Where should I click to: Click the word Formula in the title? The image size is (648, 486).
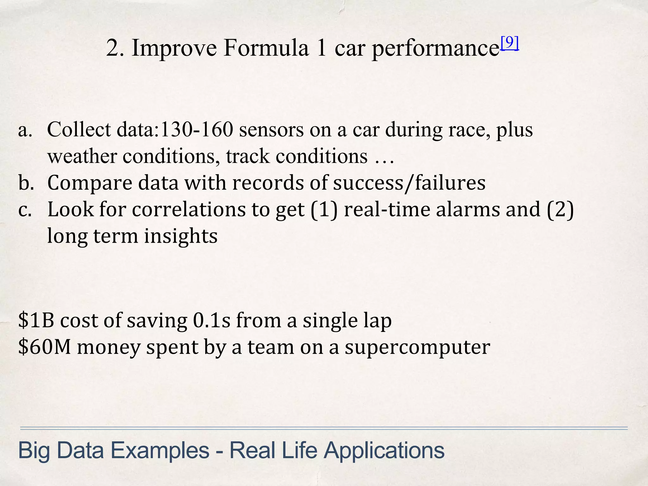coord(265,48)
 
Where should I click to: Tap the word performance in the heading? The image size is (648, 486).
coord(435,49)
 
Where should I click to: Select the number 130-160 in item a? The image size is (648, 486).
coord(197,130)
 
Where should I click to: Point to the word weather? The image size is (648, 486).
coord(82,156)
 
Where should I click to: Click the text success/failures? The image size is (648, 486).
coord(409,183)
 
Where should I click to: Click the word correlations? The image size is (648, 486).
coord(189,209)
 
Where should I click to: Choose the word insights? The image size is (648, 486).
coord(181,236)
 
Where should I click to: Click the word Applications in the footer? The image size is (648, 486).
coord(384,450)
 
